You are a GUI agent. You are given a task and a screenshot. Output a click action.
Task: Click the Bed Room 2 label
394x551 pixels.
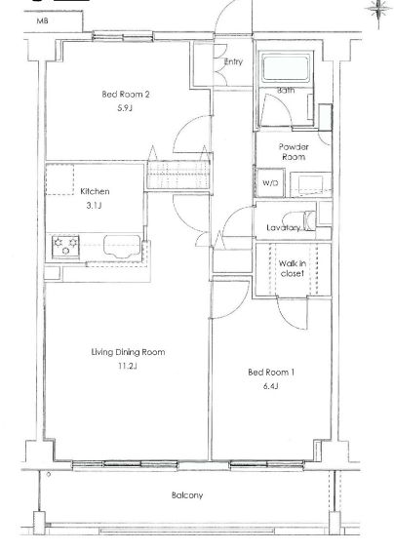coord(126,95)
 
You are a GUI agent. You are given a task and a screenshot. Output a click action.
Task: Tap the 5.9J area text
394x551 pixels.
coord(125,108)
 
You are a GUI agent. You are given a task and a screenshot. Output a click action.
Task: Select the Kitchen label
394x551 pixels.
coord(95,191)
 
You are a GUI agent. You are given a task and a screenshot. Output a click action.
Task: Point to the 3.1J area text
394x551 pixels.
coord(94,205)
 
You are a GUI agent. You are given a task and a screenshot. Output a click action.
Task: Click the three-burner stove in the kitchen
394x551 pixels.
coord(65,247)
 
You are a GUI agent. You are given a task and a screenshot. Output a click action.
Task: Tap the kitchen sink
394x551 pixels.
coord(122,247)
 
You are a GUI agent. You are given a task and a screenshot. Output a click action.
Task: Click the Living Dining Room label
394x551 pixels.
coord(128,352)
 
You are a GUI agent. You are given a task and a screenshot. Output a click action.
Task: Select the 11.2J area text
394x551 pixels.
coord(127,366)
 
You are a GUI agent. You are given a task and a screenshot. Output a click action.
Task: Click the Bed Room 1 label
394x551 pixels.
coord(271,373)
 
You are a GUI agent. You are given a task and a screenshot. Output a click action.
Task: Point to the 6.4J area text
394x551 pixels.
coord(271,386)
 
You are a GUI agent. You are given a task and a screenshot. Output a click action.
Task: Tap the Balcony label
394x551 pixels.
coord(187,495)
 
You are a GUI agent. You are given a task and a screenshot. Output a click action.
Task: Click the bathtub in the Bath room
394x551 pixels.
coord(285,68)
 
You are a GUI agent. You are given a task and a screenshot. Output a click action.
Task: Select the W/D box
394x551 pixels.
coord(270,182)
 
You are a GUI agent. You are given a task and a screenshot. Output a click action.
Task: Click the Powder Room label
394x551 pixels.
coord(294,152)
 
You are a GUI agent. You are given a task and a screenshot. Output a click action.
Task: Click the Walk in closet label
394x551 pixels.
coord(293,268)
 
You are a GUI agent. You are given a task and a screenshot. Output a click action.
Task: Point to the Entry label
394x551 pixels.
coord(233,61)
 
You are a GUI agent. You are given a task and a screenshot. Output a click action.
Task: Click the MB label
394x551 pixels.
coord(43,21)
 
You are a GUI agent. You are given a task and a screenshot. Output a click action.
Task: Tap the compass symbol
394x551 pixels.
coord(378,11)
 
